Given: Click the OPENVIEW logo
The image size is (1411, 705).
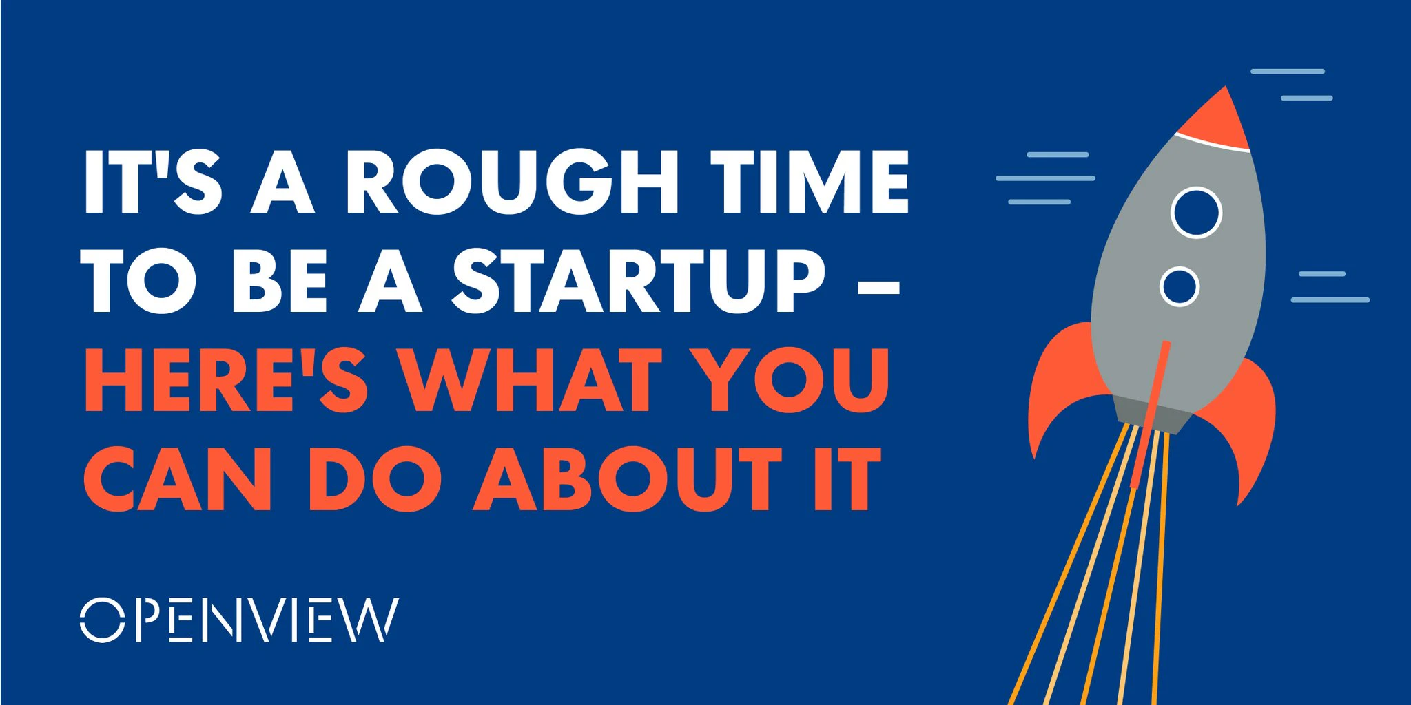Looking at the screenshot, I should [x=238, y=620].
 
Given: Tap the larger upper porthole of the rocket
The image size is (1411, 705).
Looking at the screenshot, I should [x=1196, y=213].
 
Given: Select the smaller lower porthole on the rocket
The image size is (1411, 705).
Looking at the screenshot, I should [x=1180, y=286].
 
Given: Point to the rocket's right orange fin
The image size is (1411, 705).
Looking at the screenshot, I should [x=1247, y=427].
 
